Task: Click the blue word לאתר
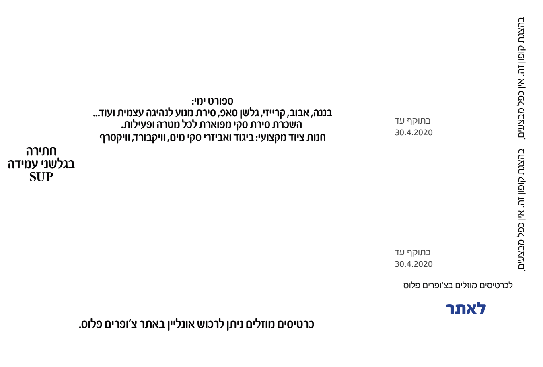point(466,309)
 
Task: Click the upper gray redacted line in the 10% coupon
point(412,121)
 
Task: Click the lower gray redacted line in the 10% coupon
point(413,132)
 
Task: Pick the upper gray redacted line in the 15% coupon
point(412,253)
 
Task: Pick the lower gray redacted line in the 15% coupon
point(413,264)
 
